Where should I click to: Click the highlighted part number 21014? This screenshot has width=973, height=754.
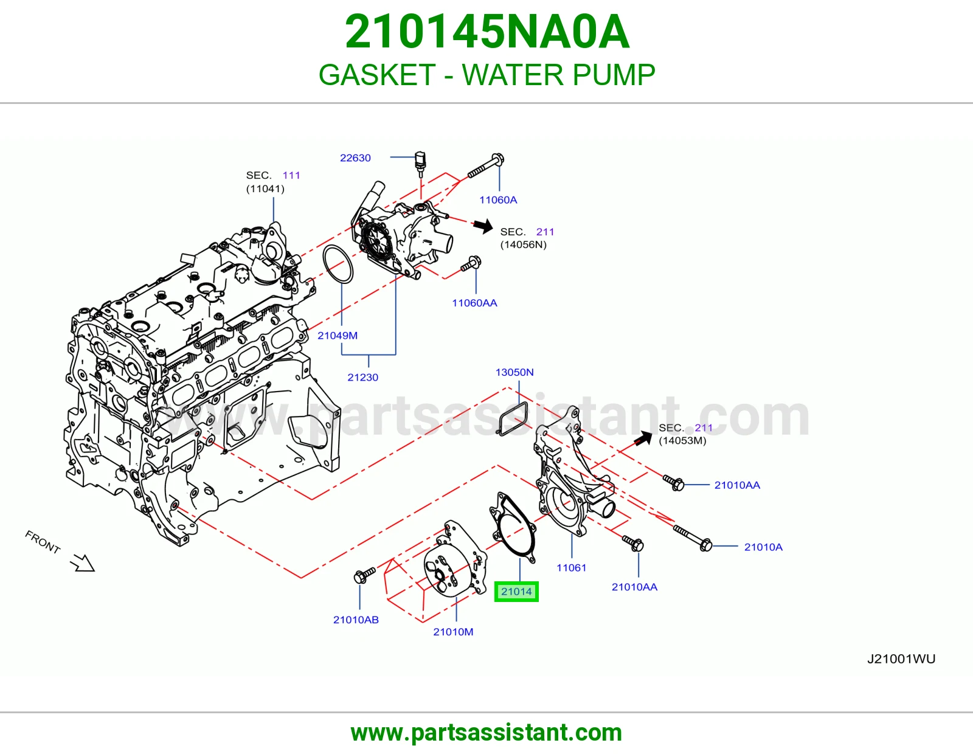[516, 592]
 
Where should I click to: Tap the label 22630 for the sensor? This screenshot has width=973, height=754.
[355, 158]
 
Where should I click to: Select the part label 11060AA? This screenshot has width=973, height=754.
[474, 303]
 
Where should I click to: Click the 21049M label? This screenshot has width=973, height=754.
[337, 336]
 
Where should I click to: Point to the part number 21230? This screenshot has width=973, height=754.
[362, 378]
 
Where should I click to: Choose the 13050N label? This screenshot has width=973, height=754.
[514, 372]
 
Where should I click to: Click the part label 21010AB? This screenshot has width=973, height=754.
[356, 620]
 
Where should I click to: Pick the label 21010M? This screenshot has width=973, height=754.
[453, 632]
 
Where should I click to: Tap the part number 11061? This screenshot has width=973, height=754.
[572, 568]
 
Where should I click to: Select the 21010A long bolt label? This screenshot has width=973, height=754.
[763, 547]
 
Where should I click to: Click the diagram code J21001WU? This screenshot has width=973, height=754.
[901, 659]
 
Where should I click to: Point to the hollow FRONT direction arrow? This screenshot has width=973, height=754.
[83, 563]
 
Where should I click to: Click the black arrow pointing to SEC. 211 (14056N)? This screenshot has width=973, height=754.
[483, 226]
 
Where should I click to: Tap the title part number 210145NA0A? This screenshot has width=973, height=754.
[487, 32]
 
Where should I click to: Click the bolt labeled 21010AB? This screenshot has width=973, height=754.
[364, 575]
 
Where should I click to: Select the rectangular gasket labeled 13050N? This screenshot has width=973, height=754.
[513, 418]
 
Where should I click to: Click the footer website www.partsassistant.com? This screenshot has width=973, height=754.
[486, 733]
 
